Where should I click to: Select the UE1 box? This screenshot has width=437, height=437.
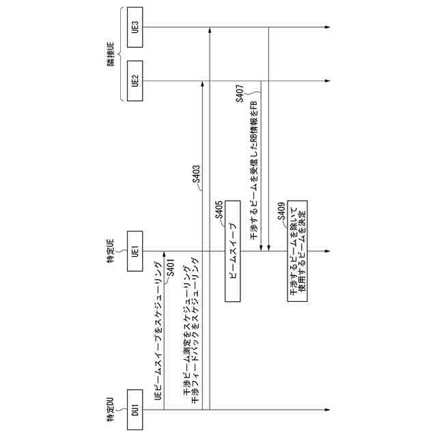[135, 252]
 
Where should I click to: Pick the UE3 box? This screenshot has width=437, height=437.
[135, 28]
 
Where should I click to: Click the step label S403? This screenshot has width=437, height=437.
[196, 175]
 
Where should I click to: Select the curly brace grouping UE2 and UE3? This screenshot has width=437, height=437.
[122, 55]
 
